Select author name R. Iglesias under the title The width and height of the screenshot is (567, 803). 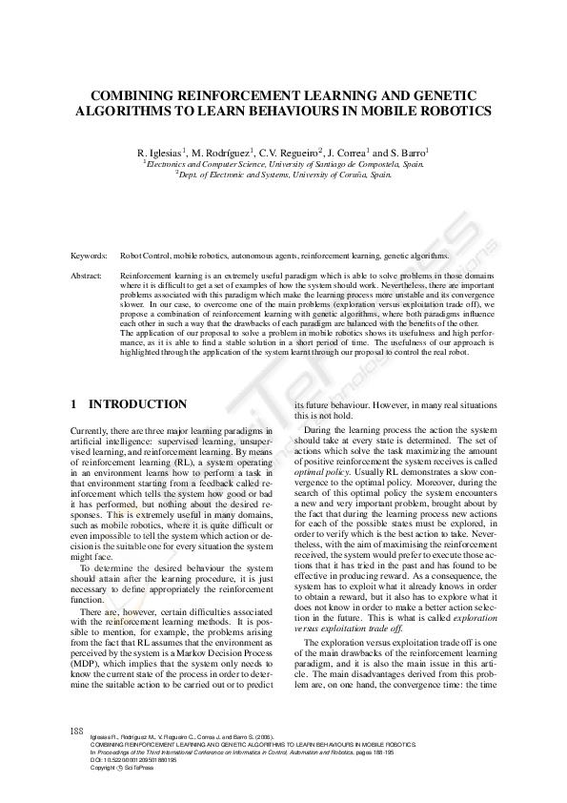(x=162, y=152)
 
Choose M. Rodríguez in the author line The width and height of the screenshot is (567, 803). (x=222, y=152)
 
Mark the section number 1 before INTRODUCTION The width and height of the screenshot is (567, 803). (x=74, y=404)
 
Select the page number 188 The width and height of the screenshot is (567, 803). (x=77, y=731)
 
